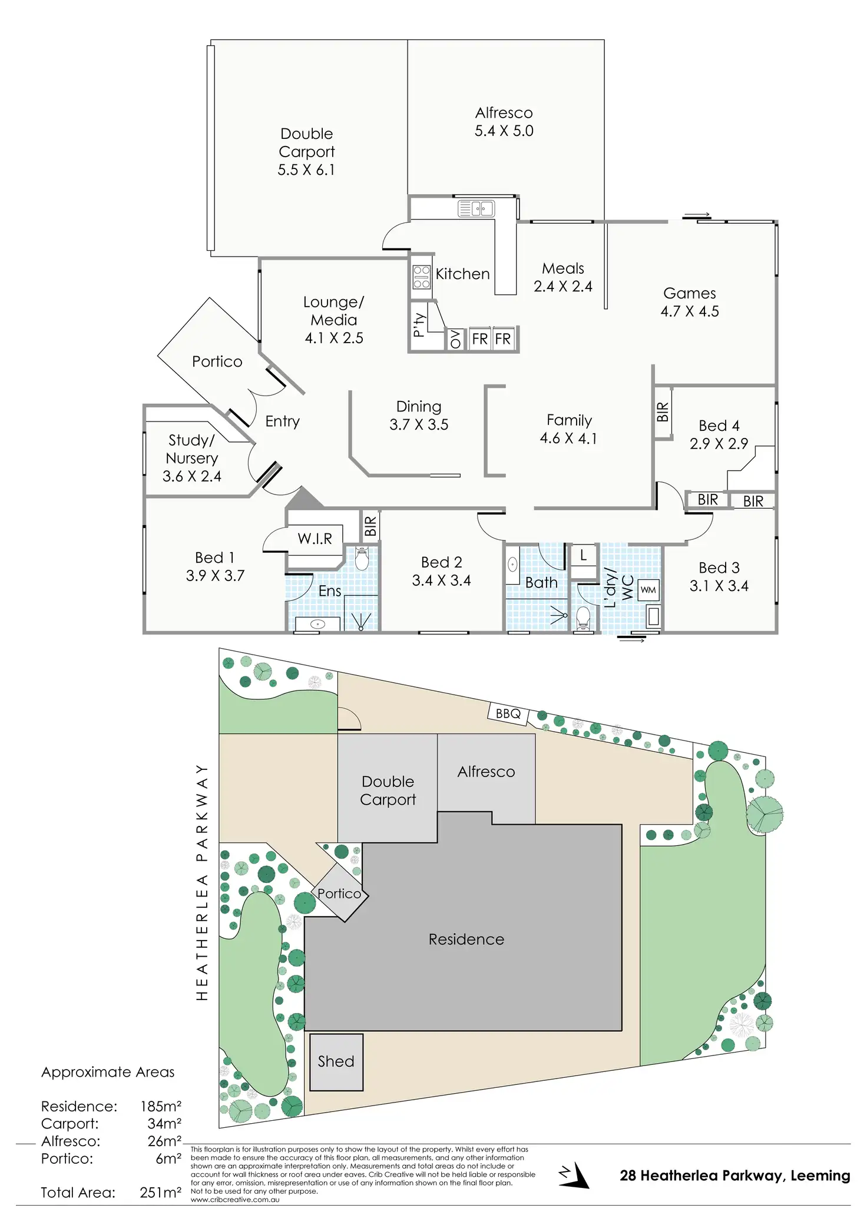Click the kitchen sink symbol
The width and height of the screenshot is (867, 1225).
[x=476, y=208]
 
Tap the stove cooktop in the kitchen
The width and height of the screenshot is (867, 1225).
[x=421, y=277]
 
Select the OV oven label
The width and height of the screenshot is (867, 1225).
[x=455, y=340]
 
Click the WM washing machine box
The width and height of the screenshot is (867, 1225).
[x=648, y=590]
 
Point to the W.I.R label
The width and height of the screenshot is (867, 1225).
[x=315, y=539]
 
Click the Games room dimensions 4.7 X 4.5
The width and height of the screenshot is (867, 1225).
[x=690, y=311]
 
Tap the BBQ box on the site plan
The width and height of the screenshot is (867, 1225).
[x=508, y=714]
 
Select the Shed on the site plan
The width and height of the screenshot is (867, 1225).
[x=336, y=1061]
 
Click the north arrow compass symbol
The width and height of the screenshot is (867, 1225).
[x=574, y=1176]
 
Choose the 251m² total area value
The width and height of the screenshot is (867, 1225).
[x=160, y=1193]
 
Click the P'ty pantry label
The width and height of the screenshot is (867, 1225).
[x=419, y=325]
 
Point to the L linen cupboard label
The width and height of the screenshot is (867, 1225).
[x=583, y=555]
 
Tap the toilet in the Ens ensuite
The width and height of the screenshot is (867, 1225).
[x=362, y=559]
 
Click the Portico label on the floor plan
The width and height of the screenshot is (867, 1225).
[x=217, y=361]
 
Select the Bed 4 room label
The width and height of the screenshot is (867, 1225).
[x=719, y=426]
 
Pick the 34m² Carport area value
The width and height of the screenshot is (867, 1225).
[x=164, y=1124]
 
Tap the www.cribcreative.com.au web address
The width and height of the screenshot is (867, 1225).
[x=235, y=1200]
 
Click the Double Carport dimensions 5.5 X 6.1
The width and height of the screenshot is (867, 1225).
[x=306, y=170]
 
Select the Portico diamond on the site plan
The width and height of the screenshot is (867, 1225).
[x=340, y=894]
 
